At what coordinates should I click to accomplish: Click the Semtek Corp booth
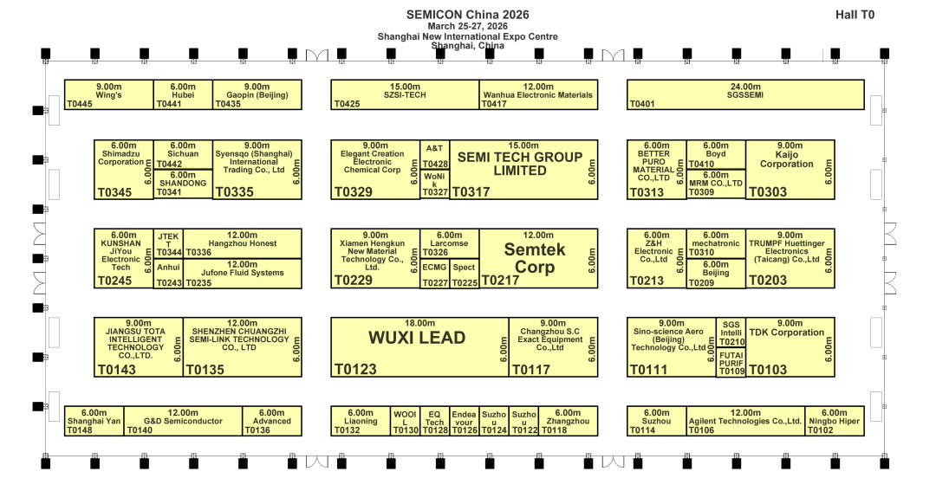click(x=534, y=258)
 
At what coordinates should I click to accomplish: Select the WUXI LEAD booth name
click(x=417, y=338)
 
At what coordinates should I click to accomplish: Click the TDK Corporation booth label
click(x=786, y=333)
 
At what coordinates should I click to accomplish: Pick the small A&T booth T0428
click(x=435, y=156)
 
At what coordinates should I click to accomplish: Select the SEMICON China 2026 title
click(x=467, y=15)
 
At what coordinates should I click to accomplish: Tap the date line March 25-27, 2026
click(x=467, y=26)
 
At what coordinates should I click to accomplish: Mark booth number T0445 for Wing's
click(x=80, y=104)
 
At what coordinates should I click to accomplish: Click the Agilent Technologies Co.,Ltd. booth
click(x=745, y=422)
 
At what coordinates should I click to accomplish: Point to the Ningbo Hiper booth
click(x=834, y=422)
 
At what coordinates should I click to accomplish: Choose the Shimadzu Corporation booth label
click(x=120, y=158)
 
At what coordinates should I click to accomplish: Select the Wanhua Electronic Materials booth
click(x=537, y=95)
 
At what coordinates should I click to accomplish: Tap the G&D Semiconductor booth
click(x=183, y=422)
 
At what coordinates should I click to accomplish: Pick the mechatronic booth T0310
click(x=715, y=244)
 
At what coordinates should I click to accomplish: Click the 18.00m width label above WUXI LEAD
click(x=419, y=323)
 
